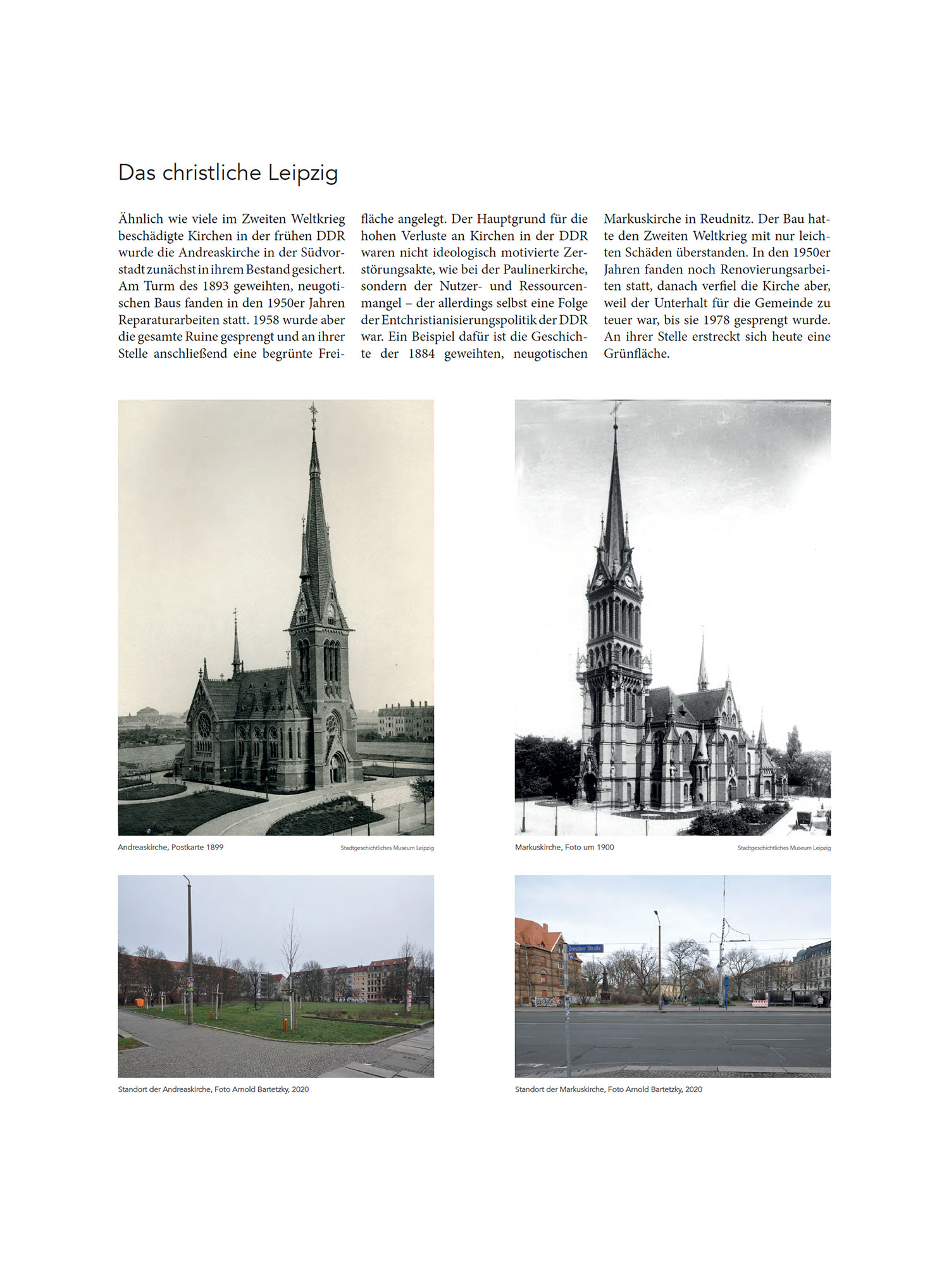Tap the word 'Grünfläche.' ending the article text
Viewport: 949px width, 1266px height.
636,354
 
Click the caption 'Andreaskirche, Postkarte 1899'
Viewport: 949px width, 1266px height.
171,847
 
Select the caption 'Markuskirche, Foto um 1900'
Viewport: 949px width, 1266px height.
564,847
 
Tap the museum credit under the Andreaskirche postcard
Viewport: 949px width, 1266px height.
387,848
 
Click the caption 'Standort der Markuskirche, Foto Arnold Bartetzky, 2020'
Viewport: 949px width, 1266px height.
608,1089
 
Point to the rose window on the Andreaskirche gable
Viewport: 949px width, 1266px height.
204,725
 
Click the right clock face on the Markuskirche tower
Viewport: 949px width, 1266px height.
628,580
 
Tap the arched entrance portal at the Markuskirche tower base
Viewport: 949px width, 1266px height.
590,787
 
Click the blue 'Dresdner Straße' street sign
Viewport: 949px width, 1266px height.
585,948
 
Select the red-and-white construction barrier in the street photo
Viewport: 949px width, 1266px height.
760,1003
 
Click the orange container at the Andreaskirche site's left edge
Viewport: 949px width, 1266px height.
139,1003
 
